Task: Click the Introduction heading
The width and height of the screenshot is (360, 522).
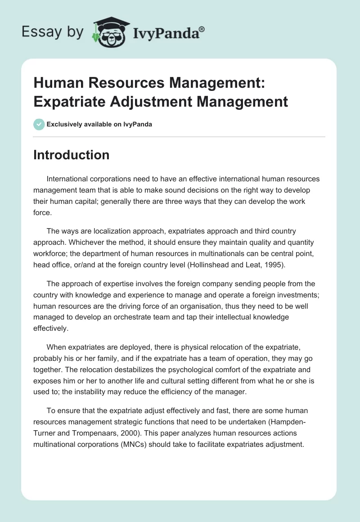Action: click(72, 155)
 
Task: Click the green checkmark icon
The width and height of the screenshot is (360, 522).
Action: click(39, 124)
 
